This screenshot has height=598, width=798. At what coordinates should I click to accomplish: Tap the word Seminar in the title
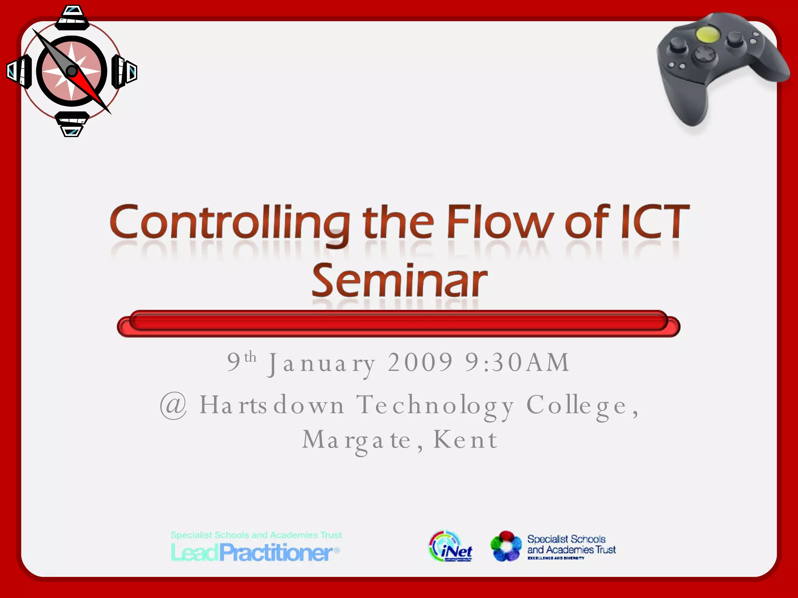tap(399, 280)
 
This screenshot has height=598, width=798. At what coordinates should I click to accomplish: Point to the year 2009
tap(421, 362)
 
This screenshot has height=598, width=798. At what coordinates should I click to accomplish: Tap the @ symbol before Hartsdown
tap(173, 406)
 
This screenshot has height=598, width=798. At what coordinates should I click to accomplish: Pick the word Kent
tap(466, 440)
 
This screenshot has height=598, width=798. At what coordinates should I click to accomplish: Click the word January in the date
tap(322, 363)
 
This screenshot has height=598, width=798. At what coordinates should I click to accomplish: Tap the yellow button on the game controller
tap(708, 35)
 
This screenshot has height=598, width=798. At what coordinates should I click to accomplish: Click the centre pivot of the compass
tap(72, 71)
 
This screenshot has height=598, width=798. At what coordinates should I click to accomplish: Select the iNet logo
tap(451, 547)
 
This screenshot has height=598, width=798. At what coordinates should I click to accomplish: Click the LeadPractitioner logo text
tap(255, 552)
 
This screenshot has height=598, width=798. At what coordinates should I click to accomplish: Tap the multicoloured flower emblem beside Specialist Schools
tap(506, 546)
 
